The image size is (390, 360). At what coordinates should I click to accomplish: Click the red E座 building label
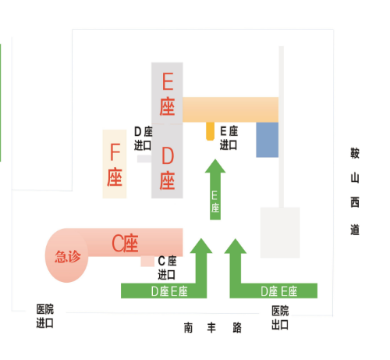(x=167, y=94)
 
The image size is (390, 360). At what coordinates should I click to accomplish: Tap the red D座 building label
(x=167, y=169)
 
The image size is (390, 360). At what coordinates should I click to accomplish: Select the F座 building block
(x=115, y=164)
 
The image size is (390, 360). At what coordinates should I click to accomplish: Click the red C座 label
(x=125, y=243)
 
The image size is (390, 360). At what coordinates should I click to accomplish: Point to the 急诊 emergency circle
(x=66, y=255)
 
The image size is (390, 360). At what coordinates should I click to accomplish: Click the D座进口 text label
(x=143, y=138)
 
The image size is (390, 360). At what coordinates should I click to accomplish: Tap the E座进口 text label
(x=229, y=138)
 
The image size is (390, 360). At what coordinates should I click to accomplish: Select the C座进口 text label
(x=167, y=268)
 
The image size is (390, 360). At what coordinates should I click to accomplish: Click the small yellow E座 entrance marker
(x=210, y=131)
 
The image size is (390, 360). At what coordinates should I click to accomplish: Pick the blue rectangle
(x=268, y=140)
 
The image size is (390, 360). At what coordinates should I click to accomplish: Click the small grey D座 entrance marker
(x=144, y=159)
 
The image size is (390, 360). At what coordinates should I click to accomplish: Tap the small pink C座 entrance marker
(x=147, y=262)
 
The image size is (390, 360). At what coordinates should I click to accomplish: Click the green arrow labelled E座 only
(x=215, y=190)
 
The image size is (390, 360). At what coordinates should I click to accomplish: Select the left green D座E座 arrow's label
(x=169, y=291)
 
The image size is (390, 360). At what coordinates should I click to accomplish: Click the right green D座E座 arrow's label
(x=279, y=291)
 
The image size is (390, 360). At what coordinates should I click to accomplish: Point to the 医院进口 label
(x=45, y=316)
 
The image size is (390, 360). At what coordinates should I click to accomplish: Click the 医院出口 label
(x=280, y=318)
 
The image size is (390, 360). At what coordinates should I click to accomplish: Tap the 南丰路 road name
(x=213, y=328)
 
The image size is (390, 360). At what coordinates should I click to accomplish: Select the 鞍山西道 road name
(x=355, y=191)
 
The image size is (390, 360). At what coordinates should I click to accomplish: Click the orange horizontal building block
(x=231, y=109)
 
